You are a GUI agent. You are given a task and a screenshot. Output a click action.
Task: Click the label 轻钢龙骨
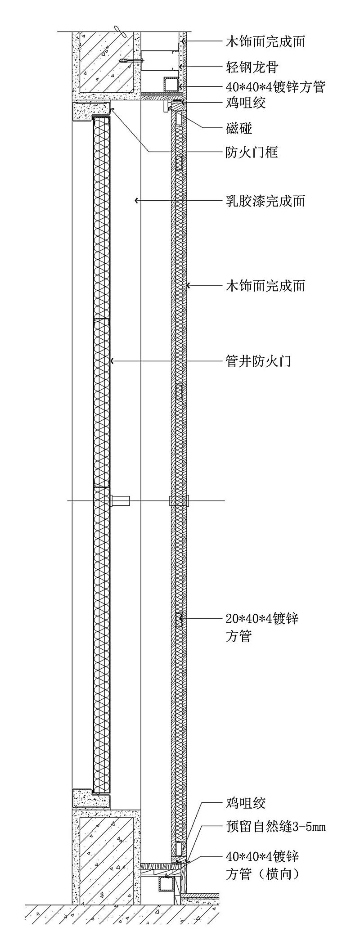coord(252,67)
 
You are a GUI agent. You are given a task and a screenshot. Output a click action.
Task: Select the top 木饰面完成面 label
coord(265,42)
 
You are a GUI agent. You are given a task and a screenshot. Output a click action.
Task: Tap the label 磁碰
coord(238,128)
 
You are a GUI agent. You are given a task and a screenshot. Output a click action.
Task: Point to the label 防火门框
coord(252,152)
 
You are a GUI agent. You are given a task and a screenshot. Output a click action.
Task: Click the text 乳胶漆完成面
coord(265,201)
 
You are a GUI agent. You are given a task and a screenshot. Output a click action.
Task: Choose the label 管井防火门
coord(258,361)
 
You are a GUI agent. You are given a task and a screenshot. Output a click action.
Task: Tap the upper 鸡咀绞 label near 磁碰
coord(245,103)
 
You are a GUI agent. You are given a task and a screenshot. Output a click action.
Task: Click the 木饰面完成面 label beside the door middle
coord(265,285)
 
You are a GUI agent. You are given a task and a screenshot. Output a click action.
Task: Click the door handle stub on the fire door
coord(120,500)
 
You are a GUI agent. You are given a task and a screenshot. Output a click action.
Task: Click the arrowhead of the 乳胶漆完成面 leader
coord(136,201)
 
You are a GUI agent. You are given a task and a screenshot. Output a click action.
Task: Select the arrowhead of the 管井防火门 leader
coord(112,361)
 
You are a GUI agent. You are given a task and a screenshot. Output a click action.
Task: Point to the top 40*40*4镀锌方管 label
coord(274,86)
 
